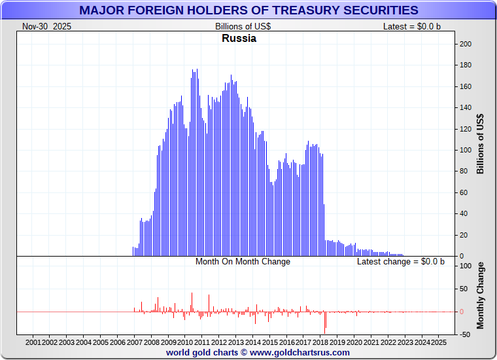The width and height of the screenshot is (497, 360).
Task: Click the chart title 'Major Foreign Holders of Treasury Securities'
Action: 248,10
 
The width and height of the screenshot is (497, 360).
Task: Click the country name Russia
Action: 239,38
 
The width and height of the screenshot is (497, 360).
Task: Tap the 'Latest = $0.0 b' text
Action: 412,26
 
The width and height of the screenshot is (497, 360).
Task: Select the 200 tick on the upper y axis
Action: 466,44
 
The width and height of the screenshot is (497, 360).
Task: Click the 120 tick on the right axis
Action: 466,129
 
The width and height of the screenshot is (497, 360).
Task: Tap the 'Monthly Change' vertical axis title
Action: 481,295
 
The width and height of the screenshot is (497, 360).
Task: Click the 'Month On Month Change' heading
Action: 243,261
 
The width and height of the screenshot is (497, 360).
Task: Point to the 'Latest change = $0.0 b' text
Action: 400,261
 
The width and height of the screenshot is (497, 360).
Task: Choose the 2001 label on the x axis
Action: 33,342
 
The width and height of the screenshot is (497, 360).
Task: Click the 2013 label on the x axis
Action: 236,342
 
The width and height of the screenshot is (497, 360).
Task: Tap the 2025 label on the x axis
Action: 439,342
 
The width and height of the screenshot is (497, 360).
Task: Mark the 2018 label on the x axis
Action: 320,342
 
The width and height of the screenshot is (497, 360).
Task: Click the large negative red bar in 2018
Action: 325,322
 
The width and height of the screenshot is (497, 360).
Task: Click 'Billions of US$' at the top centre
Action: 243,26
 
